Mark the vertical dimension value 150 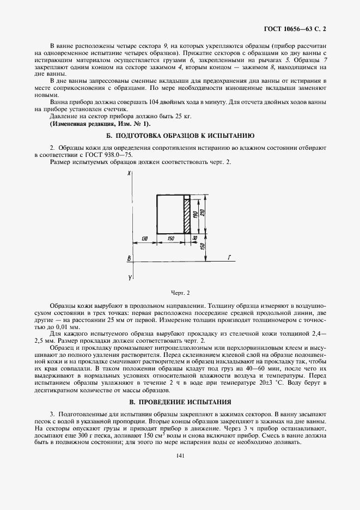pyautogui.click(x=203, y=247)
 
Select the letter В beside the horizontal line pyautogui.click(x=129, y=258)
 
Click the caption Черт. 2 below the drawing pyautogui.click(x=180, y=293)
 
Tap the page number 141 pyautogui.click(x=180, y=457)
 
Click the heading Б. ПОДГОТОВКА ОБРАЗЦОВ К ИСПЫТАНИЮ pyautogui.click(x=180, y=135)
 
